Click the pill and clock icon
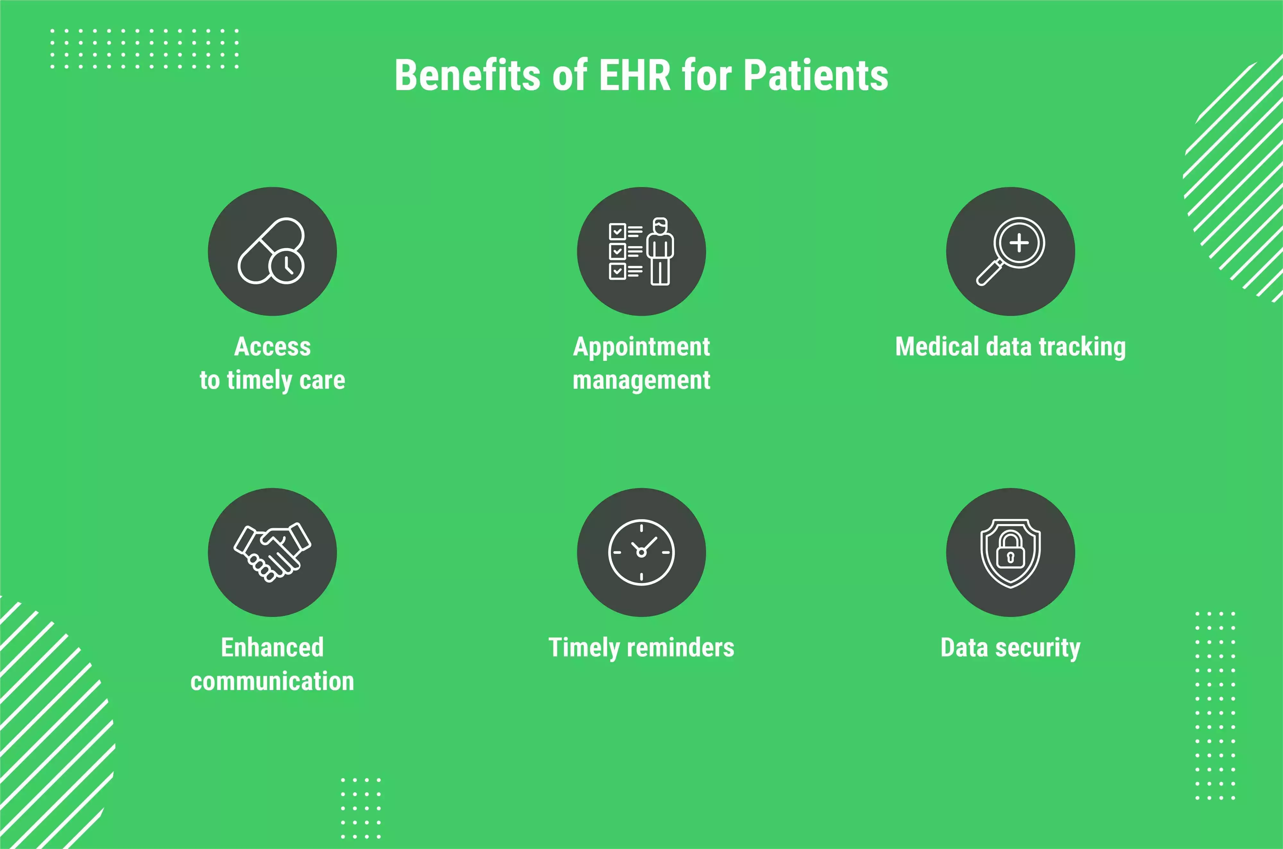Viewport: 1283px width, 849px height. tap(271, 251)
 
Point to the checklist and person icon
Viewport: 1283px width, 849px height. tap(641, 251)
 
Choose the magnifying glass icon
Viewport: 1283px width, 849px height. tap(1010, 251)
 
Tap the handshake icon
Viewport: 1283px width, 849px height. tap(273, 552)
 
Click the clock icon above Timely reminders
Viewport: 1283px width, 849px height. tap(641, 552)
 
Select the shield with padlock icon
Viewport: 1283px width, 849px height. tap(1010, 554)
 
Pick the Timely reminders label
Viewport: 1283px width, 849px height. tap(641, 648)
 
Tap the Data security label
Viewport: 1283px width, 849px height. tap(1010, 648)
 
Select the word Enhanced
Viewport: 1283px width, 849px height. tap(273, 648)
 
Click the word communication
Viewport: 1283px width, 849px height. tap(273, 681)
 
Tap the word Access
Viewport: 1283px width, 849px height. tap(273, 346)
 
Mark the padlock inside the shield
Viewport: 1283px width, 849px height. tap(1010, 550)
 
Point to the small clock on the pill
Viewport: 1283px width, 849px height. tap(286, 266)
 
